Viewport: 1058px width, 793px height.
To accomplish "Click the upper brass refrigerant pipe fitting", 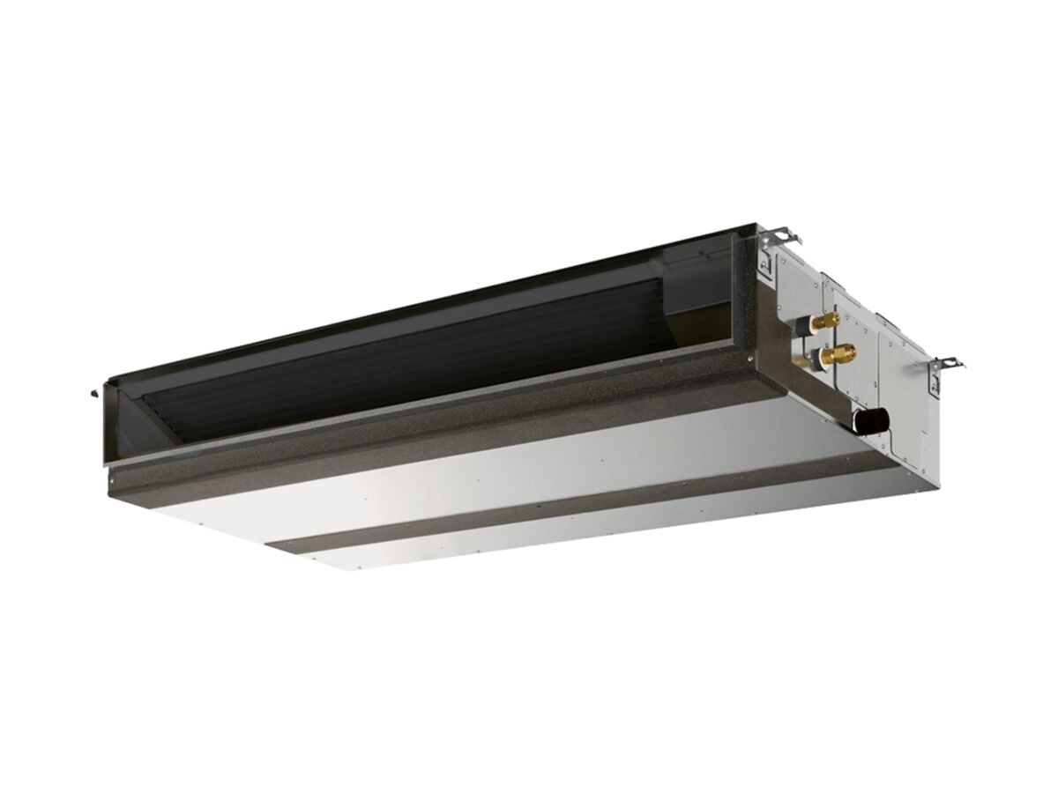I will (827, 322).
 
